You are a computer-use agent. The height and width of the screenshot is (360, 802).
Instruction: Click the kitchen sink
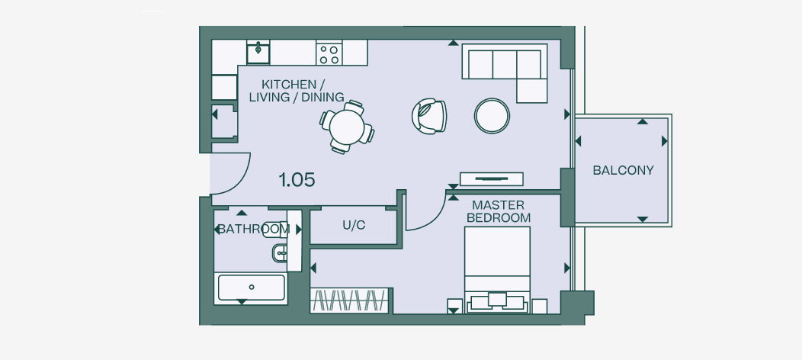258,53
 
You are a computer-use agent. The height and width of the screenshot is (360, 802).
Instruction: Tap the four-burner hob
329,53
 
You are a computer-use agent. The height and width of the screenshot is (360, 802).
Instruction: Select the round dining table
347,127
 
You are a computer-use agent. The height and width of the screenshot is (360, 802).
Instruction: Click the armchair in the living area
429,116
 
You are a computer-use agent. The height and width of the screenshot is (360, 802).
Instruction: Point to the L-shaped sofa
503,69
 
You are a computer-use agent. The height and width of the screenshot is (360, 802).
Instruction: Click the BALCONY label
623,170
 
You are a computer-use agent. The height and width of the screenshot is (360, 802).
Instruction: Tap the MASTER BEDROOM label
498,211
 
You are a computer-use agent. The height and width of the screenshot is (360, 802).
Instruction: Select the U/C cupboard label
354,226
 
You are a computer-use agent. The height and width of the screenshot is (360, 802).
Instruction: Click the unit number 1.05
297,180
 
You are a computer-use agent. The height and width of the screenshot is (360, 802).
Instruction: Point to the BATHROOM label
252,229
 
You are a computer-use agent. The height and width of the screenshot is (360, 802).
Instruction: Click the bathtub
251,288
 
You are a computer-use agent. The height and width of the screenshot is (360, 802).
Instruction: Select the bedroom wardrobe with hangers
351,300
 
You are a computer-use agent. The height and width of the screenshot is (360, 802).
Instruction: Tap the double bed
497,267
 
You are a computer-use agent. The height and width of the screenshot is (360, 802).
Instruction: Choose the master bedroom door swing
425,211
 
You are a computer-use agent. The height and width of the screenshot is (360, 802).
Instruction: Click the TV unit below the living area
491,179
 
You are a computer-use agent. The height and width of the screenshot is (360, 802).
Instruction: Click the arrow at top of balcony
642,121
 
